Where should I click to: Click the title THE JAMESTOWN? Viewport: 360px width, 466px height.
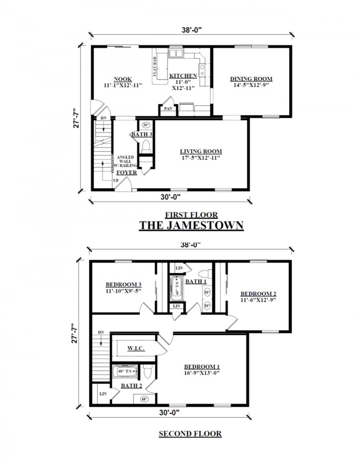tap(191, 225)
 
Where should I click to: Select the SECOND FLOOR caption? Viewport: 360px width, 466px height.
tap(190, 434)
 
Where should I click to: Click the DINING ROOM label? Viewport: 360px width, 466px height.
tap(251, 79)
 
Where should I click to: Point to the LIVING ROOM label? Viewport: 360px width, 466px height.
tap(200, 152)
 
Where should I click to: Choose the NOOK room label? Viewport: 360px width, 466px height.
tap(123, 79)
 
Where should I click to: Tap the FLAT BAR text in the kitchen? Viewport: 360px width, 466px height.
tap(154, 66)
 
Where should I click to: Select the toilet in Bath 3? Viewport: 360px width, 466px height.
tap(146, 145)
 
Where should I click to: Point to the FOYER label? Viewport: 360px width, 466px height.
tap(126, 173)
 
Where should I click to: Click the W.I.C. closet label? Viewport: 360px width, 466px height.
tap(136, 348)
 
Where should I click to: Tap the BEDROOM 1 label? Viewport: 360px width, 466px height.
tap(202, 367)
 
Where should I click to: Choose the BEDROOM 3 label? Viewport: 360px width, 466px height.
tap(124, 285)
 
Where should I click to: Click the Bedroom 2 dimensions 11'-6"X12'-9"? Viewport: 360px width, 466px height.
tap(258, 299)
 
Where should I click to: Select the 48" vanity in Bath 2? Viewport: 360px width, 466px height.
tap(143, 398)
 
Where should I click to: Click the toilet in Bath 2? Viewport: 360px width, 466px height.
tap(147, 372)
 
